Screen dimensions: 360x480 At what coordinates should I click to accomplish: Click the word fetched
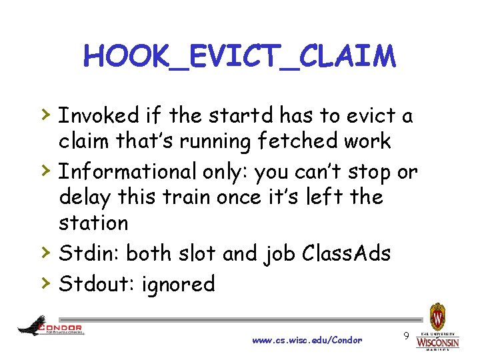[291, 141]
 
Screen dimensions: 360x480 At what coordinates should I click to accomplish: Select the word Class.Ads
[346, 253]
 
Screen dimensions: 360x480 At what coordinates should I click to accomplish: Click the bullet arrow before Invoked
[43, 115]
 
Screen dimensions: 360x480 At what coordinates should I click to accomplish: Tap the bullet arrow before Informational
[43, 171]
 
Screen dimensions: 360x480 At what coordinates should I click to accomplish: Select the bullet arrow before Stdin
[43, 252]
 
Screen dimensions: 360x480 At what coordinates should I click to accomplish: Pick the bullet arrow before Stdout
[43, 283]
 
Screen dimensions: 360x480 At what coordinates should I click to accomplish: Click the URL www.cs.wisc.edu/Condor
[307, 341]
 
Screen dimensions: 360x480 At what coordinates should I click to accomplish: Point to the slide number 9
[406, 337]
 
